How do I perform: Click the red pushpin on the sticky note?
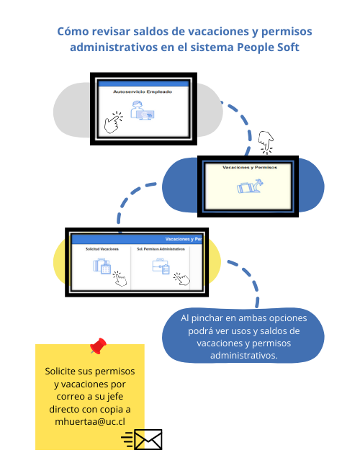(99, 346)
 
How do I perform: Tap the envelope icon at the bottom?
(148, 439)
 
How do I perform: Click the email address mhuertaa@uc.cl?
(90, 421)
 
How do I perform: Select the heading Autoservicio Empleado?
(143, 91)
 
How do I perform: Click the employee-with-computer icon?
(142, 110)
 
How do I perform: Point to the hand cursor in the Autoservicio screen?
(113, 122)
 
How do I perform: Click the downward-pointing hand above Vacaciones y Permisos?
(266, 143)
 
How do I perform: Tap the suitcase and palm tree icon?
(250, 186)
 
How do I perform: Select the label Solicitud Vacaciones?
(102, 249)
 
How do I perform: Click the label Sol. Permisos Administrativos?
(161, 249)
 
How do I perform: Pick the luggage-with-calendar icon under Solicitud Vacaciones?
(102, 266)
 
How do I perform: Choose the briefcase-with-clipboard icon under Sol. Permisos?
(161, 266)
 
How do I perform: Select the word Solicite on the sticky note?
(60, 371)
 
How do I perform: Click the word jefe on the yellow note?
(115, 397)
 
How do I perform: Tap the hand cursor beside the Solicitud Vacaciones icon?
(120, 279)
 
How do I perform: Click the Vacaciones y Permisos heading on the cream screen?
(250, 168)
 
